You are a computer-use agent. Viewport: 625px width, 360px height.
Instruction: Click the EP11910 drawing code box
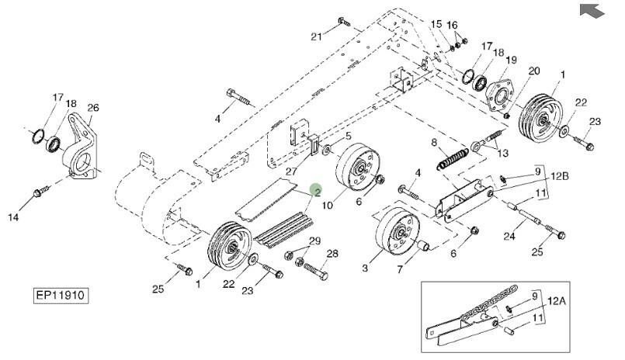(x=61, y=296)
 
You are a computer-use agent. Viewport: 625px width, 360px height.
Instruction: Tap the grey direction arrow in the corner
(x=592, y=10)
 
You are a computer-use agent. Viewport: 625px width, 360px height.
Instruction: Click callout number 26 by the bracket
(x=93, y=108)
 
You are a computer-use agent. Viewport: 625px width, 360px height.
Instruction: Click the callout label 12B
(x=560, y=176)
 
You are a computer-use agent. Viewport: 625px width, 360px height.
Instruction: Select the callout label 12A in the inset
(x=557, y=301)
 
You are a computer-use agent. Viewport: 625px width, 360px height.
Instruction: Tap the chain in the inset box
(x=489, y=303)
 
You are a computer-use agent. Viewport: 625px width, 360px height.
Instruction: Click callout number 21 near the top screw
(x=316, y=37)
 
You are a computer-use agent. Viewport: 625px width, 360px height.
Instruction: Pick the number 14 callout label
(x=13, y=217)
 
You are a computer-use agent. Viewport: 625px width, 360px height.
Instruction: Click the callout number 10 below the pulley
(x=327, y=206)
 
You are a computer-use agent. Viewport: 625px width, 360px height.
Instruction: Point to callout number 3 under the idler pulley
(x=365, y=268)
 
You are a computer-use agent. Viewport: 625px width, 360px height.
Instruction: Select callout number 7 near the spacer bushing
(x=400, y=269)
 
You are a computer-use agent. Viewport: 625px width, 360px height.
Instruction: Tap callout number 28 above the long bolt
(x=332, y=254)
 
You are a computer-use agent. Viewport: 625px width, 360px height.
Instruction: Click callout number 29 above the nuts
(x=315, y=241)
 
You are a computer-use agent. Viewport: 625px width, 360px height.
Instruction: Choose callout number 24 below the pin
(x=509, y=236)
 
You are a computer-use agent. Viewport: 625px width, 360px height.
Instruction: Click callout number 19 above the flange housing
(x=512, y=60)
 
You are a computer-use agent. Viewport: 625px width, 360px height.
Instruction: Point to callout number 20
(x=534, y=71)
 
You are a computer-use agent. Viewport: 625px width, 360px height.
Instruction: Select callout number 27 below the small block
(x=291, y=171)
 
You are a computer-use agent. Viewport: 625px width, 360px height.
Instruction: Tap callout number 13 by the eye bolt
(x=503, y=154)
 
